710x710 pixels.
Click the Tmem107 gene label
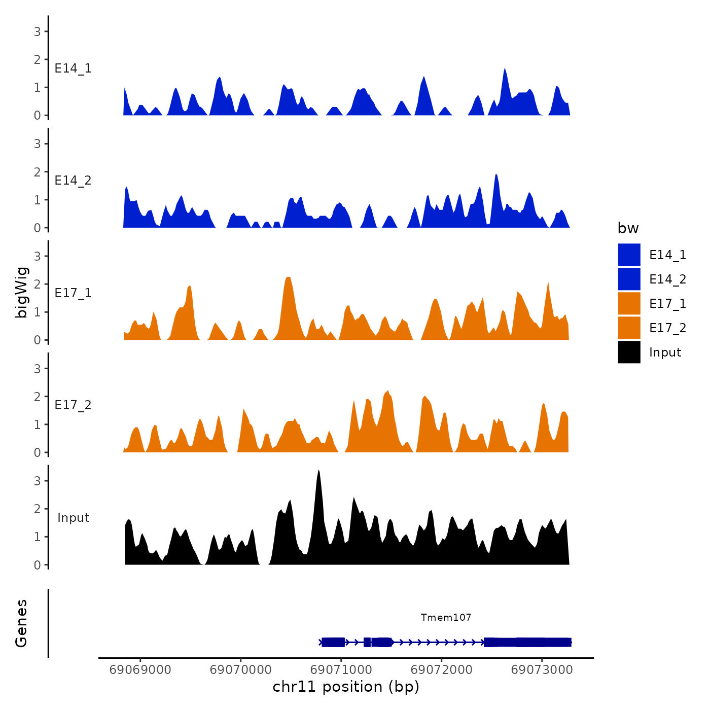(x=446, y=617)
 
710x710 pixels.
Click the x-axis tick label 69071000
(x=341, y=669)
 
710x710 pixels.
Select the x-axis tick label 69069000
(x=140, y=669)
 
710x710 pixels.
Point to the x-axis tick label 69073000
(x=542, y=669)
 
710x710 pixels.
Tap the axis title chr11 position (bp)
(x=346, y=687)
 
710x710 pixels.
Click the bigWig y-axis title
(x=21, y=292)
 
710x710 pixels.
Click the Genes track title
(x=21, y=623)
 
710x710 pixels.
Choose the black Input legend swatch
(x=629, y=352)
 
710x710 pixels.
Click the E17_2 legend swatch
(x=629, y=328)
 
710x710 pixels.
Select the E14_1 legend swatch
(x=629, y=255)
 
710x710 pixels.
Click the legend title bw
(x=628, y=228)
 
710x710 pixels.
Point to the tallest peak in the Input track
(x=318, y=471)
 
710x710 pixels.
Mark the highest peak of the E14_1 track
(x=505, y=69)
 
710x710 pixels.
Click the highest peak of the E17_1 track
(x=288, y=278)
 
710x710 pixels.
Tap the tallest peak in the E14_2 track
(x=496, y=175)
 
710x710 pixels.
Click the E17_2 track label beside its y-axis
(x=73, y=405)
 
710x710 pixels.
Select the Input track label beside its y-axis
(x=73, y=517)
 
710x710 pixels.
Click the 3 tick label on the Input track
(x=38, y=481)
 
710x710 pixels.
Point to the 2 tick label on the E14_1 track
(x=38, y=59)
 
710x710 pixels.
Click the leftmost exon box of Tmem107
(x=333, y=643)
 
